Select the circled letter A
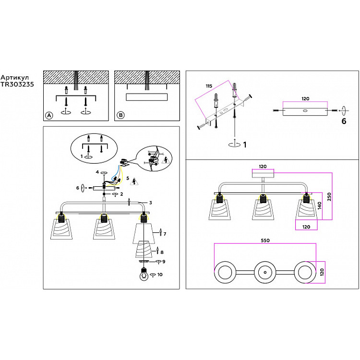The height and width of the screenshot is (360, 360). [x=48, y=115]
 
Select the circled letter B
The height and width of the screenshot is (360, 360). [x=120, y=115]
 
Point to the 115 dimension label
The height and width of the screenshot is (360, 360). [x=208, y=86]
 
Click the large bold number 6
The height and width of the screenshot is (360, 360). [x=343, y=121]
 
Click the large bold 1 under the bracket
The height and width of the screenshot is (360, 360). [x=244, y=144]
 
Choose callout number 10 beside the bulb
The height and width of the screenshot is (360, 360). [x=160, y=275]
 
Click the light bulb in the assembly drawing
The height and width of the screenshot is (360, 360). [x=143, y=276]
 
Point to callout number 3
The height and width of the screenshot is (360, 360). [x=150, y=203]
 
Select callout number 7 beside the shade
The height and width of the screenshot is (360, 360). [x=165, y=234]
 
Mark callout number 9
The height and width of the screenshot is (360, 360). [x=164, y=262]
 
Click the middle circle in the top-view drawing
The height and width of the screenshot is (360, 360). [x=264, y=273]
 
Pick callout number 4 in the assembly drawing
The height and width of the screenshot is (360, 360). [x=97, y=171]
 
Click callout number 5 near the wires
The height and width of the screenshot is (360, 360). [x=128, y=178]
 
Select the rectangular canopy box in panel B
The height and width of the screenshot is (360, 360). [x=146, y=97]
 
